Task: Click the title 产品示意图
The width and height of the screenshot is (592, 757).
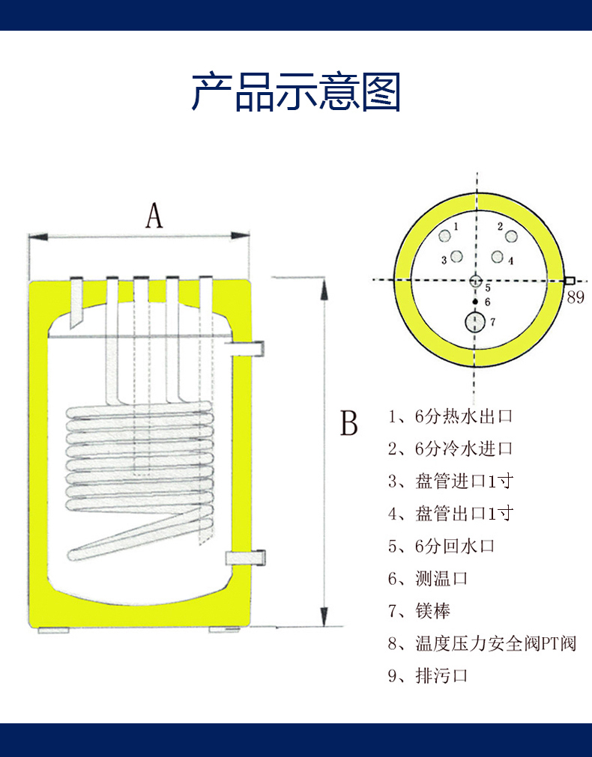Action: (x=296, y=93)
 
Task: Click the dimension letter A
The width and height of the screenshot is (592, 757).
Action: (x=154, y=216)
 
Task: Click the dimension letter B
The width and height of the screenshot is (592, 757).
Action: (x=349, y=423)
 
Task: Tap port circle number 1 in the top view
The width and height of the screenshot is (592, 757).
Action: (x=445, y=237)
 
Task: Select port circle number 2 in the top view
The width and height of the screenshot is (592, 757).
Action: (x=511, y=237)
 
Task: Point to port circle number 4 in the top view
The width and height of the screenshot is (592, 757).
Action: (x=496, y=258)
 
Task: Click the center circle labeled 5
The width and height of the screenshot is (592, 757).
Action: (x=476, y=282)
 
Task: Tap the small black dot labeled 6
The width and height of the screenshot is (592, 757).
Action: (x=475, y=301)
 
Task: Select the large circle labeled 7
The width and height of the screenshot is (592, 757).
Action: (x=475, y=323)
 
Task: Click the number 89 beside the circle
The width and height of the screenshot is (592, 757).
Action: (x=575, y=297)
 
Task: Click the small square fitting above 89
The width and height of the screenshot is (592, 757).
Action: (x=570, y=281)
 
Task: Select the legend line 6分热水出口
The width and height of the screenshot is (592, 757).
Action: (x=450, y=416)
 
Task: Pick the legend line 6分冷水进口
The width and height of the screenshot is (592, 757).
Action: (x=450, y=449)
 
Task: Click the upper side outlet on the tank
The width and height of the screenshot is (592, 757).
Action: (x=250, y=347)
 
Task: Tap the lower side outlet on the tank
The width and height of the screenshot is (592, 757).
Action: (x=247, y=558)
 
